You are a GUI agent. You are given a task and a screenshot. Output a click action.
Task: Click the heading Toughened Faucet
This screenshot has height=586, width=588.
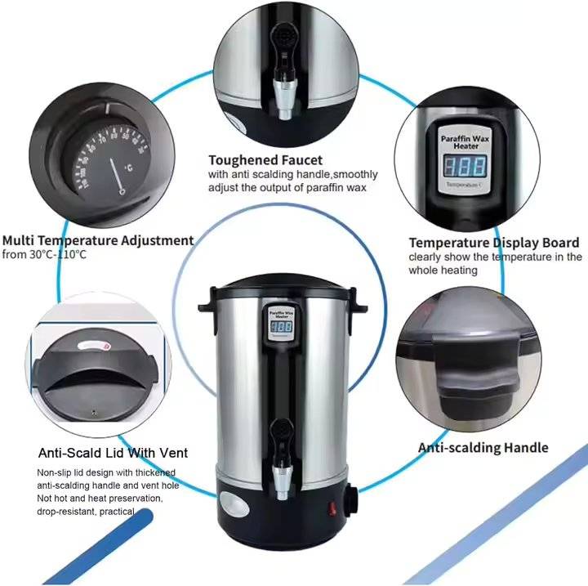(265, 160)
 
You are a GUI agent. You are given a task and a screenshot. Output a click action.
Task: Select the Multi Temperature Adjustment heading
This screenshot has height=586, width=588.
(97, 240)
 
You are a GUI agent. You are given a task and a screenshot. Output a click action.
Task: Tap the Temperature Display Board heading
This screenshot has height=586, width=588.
(494, 243)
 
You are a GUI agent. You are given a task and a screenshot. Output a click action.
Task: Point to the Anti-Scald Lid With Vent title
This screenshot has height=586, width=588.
(113, 452)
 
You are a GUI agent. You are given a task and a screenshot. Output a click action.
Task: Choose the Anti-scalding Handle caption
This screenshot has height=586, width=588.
(483, 447)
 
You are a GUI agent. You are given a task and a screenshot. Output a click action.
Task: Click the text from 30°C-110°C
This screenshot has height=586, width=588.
(44, 255)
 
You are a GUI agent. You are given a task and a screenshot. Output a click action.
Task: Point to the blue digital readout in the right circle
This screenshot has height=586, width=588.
(465, 167)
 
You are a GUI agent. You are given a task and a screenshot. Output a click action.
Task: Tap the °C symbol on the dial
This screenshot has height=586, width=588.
(127, 169)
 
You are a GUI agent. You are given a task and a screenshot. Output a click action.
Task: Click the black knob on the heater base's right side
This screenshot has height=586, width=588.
(351, 498)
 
